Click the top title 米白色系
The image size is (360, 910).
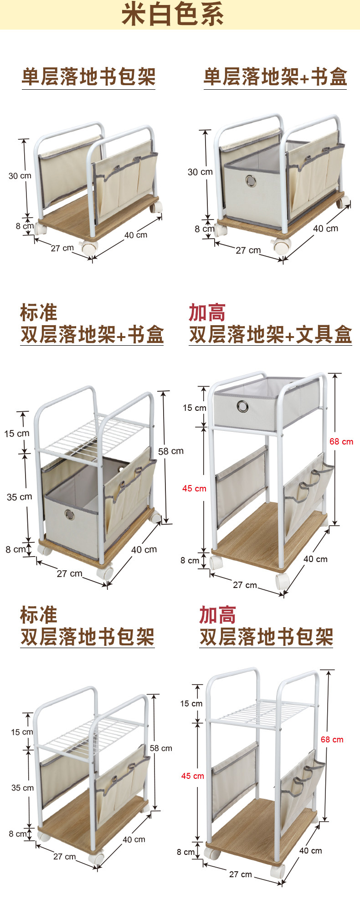click(x=172, y=15)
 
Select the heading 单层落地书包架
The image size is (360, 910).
click(x=88, y=77)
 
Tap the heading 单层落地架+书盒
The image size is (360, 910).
click(x=275, y=77)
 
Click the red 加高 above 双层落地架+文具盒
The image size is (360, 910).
click(x=207, y=313)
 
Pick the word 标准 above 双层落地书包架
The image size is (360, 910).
click(x=38, y=615)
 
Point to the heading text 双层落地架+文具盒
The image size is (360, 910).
click(x=270, y=334)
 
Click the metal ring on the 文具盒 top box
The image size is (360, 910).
click(x=242, y=406)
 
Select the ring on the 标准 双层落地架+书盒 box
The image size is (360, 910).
click(x=69, y=515)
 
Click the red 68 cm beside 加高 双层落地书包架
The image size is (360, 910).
click(x=332, y=739)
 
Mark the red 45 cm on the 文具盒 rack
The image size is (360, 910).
click(x=194, y=488)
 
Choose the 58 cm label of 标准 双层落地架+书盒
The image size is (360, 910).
click(x=170, y=451)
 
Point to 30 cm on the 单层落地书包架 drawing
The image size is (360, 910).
click(x=20, y=176)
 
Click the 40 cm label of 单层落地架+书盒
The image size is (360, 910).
click(x=325, y=228)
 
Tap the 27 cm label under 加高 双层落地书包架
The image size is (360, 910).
click(x=240, y=874)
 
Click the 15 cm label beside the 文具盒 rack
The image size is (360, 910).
click(x=194, y=408)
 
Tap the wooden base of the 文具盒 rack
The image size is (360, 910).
click(x=269, y=537)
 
